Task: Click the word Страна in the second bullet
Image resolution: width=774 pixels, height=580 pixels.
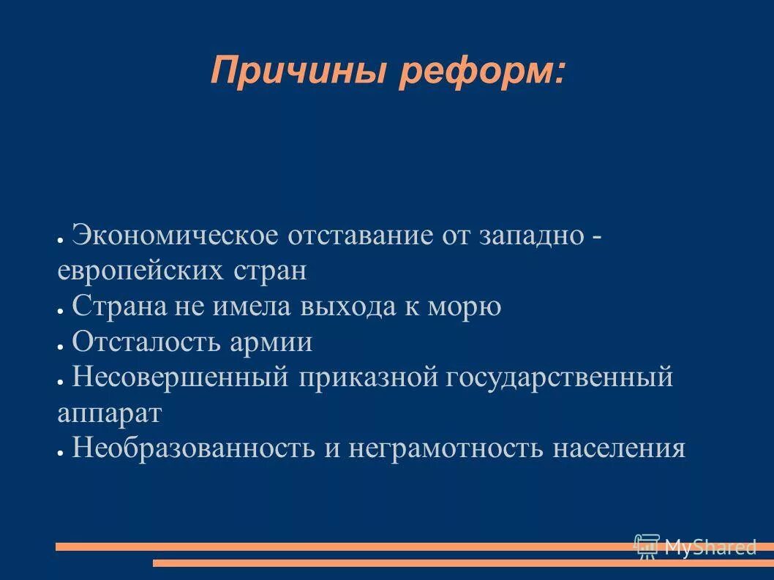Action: (118, 306)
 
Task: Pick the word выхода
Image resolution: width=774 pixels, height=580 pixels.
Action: (345, 306)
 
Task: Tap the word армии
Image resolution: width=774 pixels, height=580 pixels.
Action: (272, 342)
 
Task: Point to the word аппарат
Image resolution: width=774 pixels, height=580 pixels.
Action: (108, 413)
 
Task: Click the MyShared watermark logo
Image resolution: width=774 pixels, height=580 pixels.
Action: (695, 546)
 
